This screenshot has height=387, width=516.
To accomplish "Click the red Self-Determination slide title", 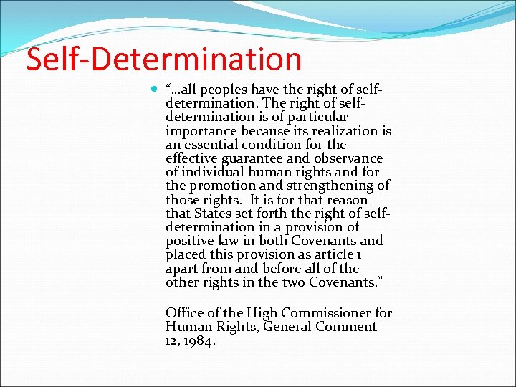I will click(163, 59).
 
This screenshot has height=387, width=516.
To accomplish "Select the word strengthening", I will click(337, 186).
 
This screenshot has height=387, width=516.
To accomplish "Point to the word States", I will click(214, 214).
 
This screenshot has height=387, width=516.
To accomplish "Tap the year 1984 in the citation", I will click(200, 341).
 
